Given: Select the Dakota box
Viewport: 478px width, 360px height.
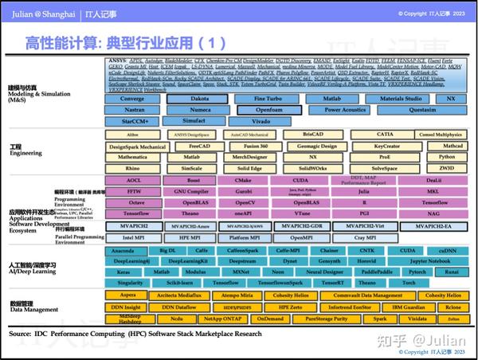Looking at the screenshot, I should [x=199, y=98].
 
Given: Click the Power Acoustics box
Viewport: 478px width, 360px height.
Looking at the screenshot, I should [x=345, y=110].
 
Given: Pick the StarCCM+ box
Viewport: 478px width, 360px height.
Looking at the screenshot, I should [x=131, y=122].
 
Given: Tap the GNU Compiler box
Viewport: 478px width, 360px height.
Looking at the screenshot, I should [x=192, y=192].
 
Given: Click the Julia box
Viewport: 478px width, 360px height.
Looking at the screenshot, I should [x=363, y=192].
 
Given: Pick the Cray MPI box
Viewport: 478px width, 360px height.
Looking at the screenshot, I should [x=365, y=237].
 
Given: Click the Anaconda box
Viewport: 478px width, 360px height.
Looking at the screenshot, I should [x=127, y=251].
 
